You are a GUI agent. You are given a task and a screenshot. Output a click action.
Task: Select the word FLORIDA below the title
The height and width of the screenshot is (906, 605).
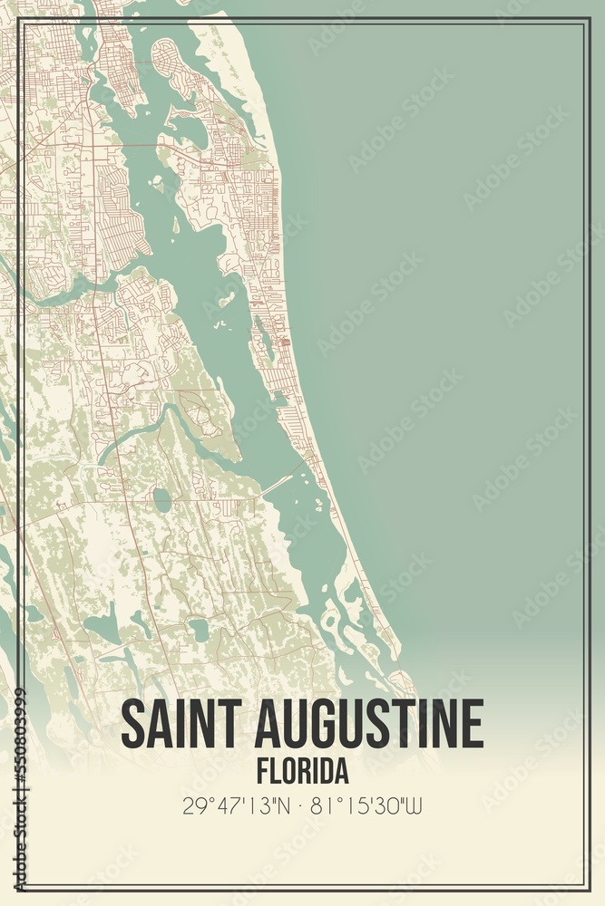pyautogui.click(x=302, y=771)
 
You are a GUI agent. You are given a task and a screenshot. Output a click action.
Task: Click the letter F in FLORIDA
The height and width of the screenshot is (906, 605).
pyautogui.click(x=262, y=771)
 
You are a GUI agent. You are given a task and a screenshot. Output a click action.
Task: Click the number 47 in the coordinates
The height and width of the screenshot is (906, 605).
pyautogui.click(x=226, y=805)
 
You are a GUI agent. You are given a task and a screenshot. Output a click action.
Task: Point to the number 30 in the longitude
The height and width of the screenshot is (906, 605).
pyautogui.click(x=382, y=805)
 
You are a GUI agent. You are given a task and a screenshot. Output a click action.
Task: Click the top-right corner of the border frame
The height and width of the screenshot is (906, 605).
pyautogui.click(x=589, y=18)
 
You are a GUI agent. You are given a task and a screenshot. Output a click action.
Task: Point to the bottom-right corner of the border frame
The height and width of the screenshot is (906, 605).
pyautogui.click(x=589, y=888)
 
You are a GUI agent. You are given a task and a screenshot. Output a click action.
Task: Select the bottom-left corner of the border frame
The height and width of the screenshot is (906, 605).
pyautogui.click(x=17, y=888)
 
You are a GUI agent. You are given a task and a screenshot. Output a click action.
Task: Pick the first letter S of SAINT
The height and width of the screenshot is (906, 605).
pyautogui.click(x=132, y=724)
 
